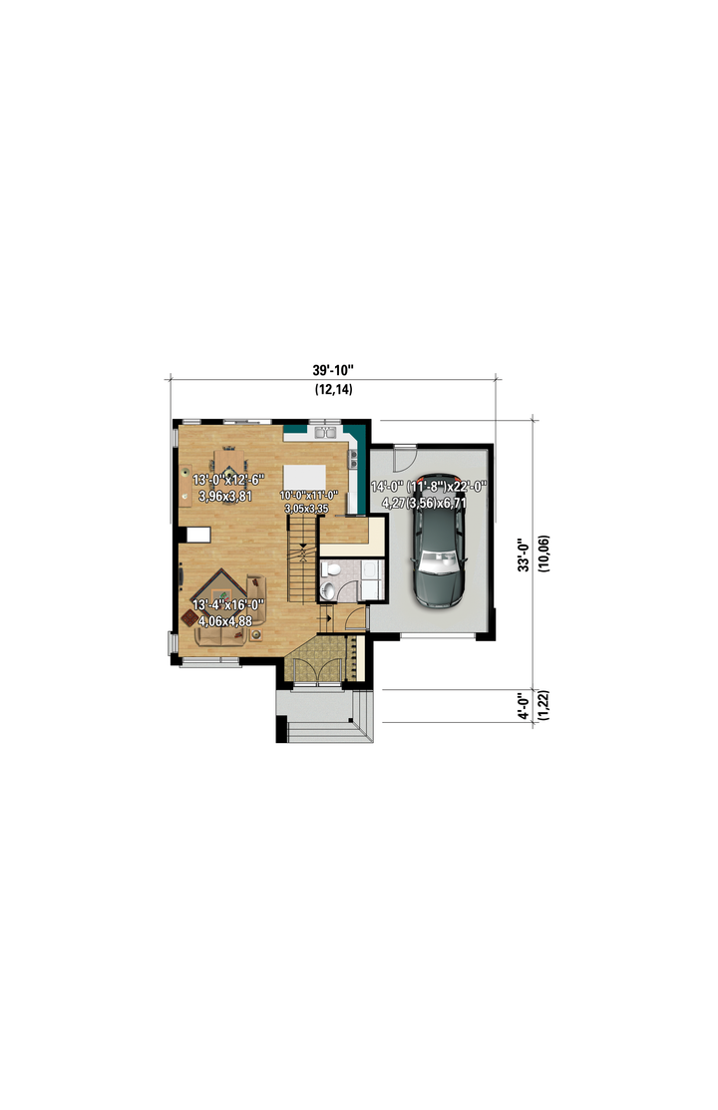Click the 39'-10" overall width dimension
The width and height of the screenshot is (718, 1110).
point(333,370)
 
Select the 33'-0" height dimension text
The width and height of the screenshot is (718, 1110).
point(524,555)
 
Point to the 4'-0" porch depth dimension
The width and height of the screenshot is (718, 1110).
point(524,706)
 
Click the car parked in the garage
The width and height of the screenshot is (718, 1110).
point(439,541)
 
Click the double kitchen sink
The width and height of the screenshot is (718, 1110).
point(326,431)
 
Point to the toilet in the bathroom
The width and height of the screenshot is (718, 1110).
point(328,589)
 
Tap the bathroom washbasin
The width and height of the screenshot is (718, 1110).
point(331,567)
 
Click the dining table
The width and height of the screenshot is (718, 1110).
point(228,465)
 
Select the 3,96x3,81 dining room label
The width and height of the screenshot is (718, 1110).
point(225,497)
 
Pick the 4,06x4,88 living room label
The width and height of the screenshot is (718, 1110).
point(225,621)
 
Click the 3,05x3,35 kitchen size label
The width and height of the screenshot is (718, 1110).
point(306,509)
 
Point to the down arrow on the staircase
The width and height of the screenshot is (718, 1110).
point(303,551)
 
